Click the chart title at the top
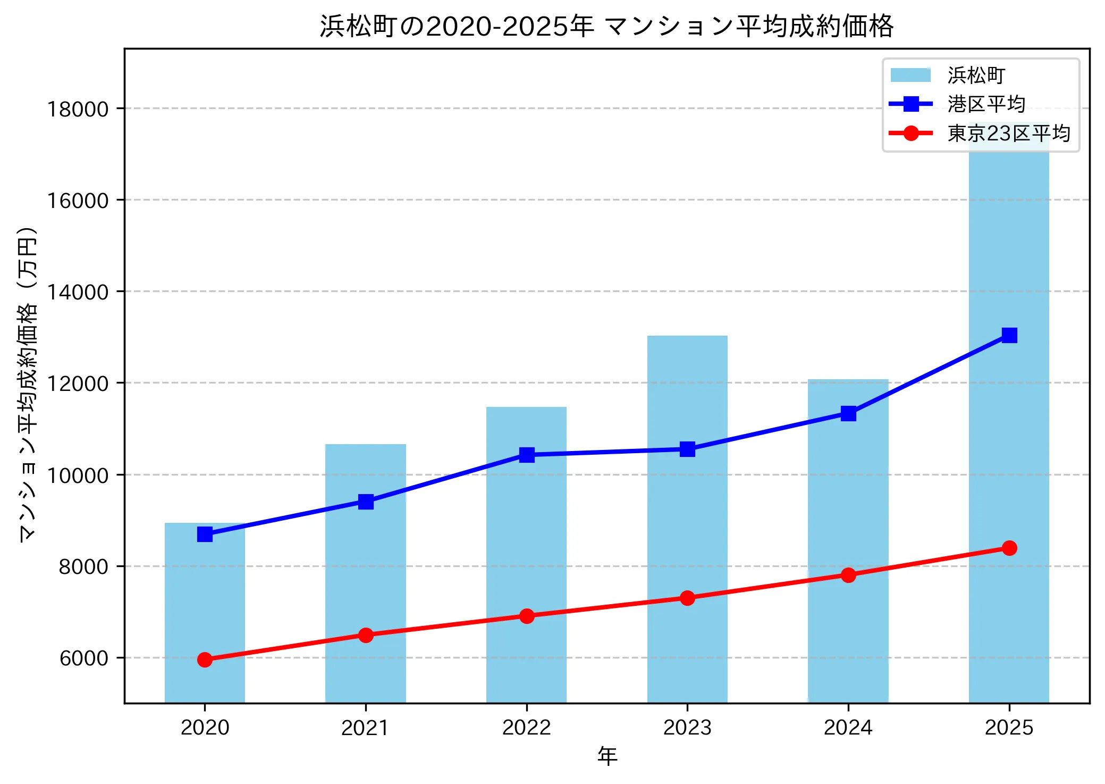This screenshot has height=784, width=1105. pos(606,26)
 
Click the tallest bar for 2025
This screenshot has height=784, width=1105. pos(1008,415)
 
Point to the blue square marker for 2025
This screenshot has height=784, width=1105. pos(1009,335)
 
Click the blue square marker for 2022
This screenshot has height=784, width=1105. pos(526,455)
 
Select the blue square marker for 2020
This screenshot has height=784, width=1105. pos(205,534)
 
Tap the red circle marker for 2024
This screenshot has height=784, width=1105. pos(848,575)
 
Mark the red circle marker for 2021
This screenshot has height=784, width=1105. pos(365,635)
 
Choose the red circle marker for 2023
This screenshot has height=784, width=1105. pos(687,598)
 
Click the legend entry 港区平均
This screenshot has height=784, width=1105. pos(986,104)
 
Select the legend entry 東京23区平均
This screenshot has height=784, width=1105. pos(1008,133)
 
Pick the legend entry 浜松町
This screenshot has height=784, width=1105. pos(976,75)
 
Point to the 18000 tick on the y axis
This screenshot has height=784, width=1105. pos(78,109)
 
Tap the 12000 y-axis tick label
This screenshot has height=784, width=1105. pos(78,383)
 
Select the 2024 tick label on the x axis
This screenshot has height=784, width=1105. pos(848,727)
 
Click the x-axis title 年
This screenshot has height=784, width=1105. pos(606,756)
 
